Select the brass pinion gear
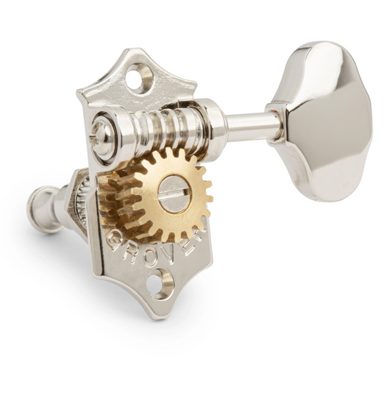click(x=173, y=199)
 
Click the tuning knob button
click(x=322, y=122)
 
